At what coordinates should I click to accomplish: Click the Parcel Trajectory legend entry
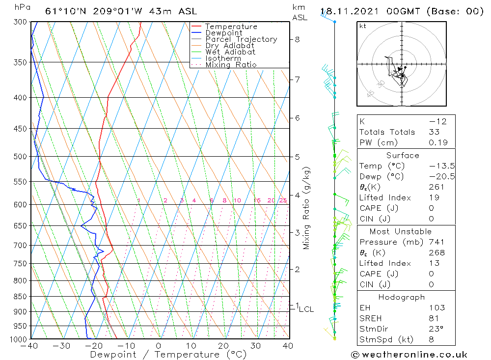[x=241, y=39]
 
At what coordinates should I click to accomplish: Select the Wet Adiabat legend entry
[x=230, y=52]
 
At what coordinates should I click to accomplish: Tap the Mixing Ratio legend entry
[x=231, y=65]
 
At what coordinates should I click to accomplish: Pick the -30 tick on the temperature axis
[x=62, y=346]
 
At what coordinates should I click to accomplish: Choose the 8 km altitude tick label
[x=297, y=39]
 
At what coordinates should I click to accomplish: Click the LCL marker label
[x=306, y=309]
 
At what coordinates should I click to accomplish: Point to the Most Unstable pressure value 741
[x=436, y=242]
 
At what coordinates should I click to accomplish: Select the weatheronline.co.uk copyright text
[x=409, y=355]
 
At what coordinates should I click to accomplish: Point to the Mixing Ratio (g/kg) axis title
[x=306, y=208]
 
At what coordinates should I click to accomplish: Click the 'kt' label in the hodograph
[x=362, y=26]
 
